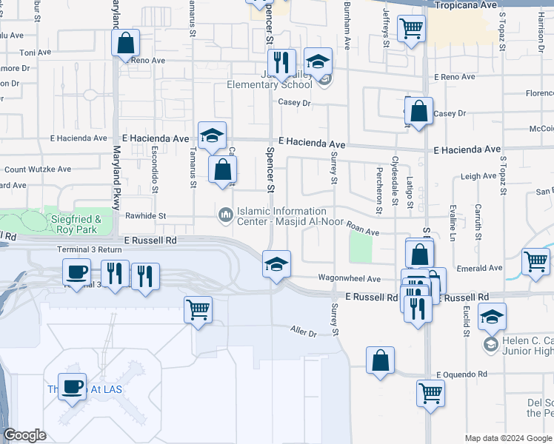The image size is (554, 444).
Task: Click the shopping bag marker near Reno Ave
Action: coord(126,43)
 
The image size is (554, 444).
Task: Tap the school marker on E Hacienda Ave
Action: coord(212,135)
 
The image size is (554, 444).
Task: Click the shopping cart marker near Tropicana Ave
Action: coord(411,30)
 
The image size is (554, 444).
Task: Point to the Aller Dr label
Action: coord(303,333)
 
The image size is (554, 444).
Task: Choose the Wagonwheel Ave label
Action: coord(349,278)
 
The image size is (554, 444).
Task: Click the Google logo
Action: coord(24,435)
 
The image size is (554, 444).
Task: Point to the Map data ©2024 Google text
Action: coord(508,438)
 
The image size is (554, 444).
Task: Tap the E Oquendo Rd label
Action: coord(461,374)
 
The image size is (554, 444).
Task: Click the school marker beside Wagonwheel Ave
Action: coord(276,264)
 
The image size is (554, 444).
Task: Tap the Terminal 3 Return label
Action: coord(90,250)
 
